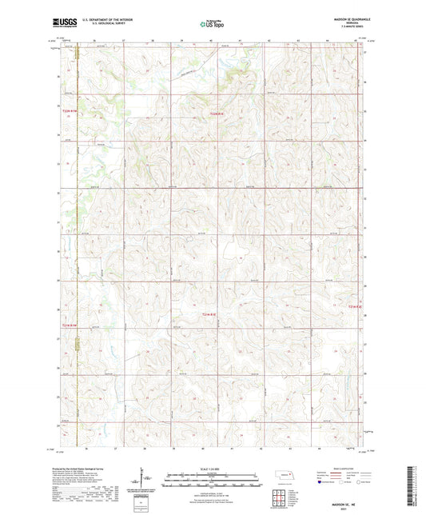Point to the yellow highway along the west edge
(x=78, y=240)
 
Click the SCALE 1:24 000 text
(x=212, y=468)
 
